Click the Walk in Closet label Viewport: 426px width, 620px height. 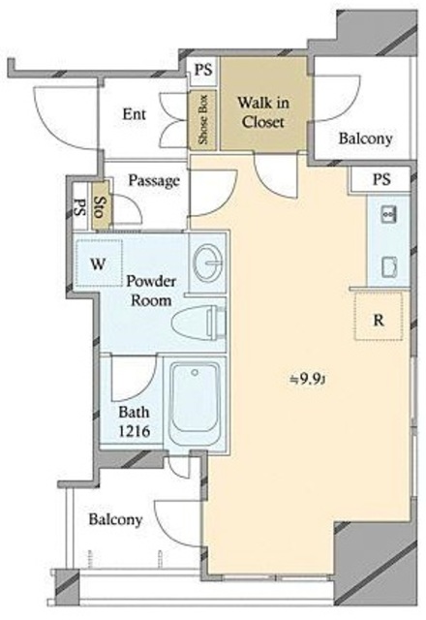263,112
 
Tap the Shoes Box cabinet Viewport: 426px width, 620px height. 202,120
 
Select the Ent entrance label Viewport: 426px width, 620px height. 134,114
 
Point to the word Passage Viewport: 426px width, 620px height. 154,181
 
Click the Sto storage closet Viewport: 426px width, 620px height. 101,206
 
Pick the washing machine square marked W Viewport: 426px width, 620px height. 99,263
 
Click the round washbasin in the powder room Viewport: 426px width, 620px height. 208,263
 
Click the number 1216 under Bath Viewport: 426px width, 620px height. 135,431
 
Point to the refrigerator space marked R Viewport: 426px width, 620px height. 379,316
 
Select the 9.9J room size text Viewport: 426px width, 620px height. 308,380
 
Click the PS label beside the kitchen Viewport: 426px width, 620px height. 381,180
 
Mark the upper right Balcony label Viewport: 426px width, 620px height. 366,139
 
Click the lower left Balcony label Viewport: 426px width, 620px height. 115,519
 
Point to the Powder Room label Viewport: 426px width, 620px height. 151,291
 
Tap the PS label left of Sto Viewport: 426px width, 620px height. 80,206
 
